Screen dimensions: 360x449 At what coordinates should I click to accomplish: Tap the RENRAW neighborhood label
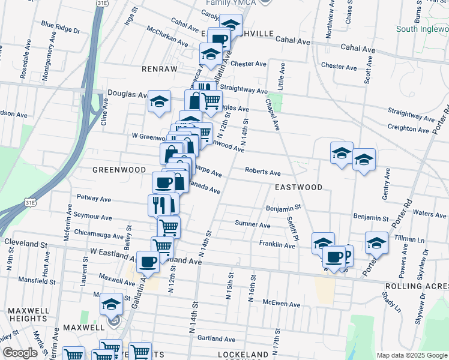pos(160,69)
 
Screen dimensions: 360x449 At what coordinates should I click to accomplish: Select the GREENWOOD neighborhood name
pos(119,170)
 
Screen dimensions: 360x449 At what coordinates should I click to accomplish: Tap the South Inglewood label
pos(423,29)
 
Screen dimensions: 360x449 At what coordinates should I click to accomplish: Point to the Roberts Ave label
pos(263,172)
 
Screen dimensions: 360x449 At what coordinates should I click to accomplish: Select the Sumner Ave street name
pos(253,224)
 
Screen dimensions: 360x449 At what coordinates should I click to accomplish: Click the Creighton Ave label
pos(410,128)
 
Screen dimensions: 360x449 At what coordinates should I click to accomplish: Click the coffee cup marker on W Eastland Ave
pos(148,261)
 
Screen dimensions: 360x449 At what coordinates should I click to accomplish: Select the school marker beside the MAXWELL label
pos(111,304)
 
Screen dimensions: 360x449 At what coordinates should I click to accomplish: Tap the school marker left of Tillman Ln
pos(376,242)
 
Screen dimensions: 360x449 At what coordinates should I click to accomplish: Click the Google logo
pos(20,353)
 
